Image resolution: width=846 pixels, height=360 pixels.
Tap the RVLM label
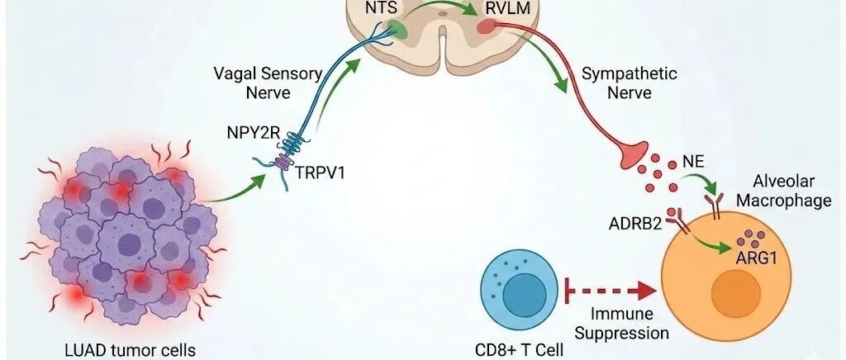click(x=503, y=8)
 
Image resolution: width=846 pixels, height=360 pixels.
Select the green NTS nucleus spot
click(x=400, y=29)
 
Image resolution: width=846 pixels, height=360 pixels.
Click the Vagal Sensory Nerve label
click(x=269, y=83)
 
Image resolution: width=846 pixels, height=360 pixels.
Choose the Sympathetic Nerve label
click(x=629, y=83)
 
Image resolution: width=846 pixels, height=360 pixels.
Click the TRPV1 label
click(x=320, y=173)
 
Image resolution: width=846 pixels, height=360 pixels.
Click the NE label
click(x=693, y=161)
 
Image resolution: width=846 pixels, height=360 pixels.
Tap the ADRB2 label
click(x=635, y=223)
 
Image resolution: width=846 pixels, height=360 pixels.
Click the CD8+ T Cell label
click(x=519, y=350)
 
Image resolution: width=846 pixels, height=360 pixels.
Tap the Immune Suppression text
click(x=621, y=324)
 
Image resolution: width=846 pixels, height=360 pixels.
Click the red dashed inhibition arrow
click(x=611, y=291)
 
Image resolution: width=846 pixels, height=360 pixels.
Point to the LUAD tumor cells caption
click(x=130, y=350)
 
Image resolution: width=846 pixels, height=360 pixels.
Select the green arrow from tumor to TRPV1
click(x=233, y=191)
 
